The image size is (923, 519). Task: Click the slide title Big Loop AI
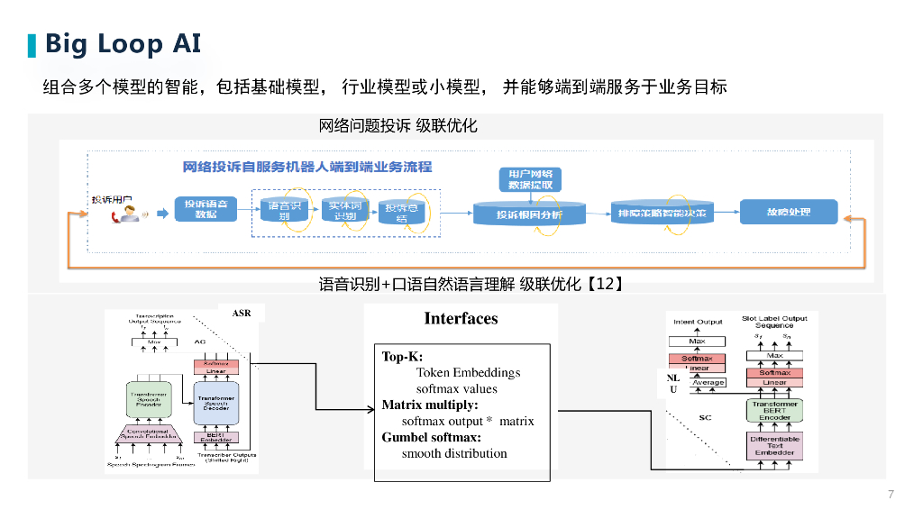click(x=123, y=43)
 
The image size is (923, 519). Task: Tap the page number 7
click(x=891, y=494)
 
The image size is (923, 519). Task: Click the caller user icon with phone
click(x=127, y=214)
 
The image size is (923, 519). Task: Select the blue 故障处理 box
click(x=789, y=212)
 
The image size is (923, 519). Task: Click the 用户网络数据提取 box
click(x=530, y=178)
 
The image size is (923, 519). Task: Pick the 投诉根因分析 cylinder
click(x=529, y=214)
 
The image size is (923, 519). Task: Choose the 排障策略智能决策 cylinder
click(x=661, y=213)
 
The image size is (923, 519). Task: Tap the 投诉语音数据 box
click(x=206, y=209)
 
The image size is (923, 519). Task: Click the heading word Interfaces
click(x=461, y=318)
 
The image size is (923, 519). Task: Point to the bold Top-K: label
click(x=402, y=357)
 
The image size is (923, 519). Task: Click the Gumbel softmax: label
click(x=432, y=437)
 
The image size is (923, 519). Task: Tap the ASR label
click(x=242, y=314)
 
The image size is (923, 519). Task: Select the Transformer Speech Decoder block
click(x=216, y=402)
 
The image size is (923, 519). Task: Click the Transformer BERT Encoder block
click(x=774, y=411)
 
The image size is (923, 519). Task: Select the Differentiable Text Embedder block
click(x=774, y=444)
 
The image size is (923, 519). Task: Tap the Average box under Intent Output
click(x=708, y=383)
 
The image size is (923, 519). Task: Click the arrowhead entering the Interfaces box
click(x=370, y=412)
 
